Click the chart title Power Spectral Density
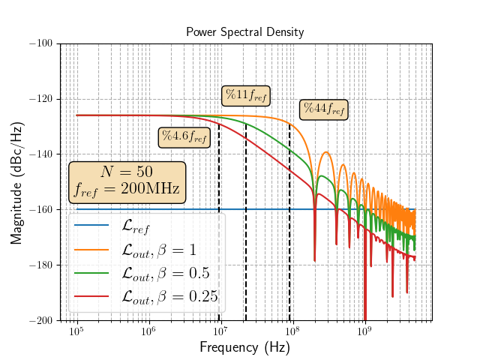[x=246, y=32]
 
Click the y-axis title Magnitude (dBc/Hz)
[x=16, y=182]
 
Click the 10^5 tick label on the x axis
[x=76, y=332]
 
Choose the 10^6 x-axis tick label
[x=148, y=332]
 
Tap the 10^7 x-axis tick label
[x=220, y=332]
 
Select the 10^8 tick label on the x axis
[x=292, y=332]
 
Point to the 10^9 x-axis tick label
[x=364, y=332]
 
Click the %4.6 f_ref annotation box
[x=184, y=136]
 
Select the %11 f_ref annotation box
[x=247, y=95]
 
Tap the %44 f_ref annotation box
[x=322, y=109]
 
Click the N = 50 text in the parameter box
[x=127, y=172]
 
